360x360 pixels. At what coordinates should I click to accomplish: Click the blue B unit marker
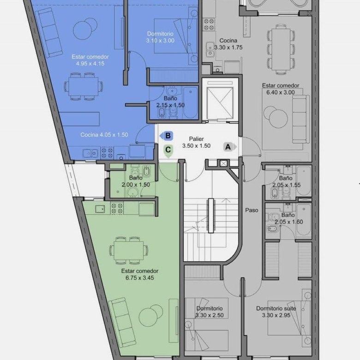[167, 136]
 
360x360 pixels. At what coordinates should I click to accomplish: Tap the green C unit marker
[168, 151]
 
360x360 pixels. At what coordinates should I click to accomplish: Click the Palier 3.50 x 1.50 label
[196, 142]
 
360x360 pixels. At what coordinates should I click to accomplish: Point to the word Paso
[252, 210]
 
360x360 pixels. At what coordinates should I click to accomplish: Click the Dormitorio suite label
[276, 308]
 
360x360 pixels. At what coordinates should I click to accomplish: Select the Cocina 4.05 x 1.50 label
[104, 135]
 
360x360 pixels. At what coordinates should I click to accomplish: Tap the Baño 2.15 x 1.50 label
[170, 102]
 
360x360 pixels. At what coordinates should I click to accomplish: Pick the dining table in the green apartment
[129, 251]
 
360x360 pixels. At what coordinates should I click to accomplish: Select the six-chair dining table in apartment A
[281, 49]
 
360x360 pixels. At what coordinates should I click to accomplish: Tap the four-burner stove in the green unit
[117, 208]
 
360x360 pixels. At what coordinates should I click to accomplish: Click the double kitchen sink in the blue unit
[90, 153]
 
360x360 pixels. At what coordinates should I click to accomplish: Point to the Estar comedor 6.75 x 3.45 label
[139, 274]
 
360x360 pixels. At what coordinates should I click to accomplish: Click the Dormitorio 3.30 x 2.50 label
[210, 312]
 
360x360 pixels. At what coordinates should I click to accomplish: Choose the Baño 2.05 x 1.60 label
[288, 218]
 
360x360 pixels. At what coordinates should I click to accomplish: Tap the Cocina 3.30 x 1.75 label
[228, 44]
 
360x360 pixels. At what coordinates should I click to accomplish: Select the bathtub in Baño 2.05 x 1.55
[304, 181]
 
